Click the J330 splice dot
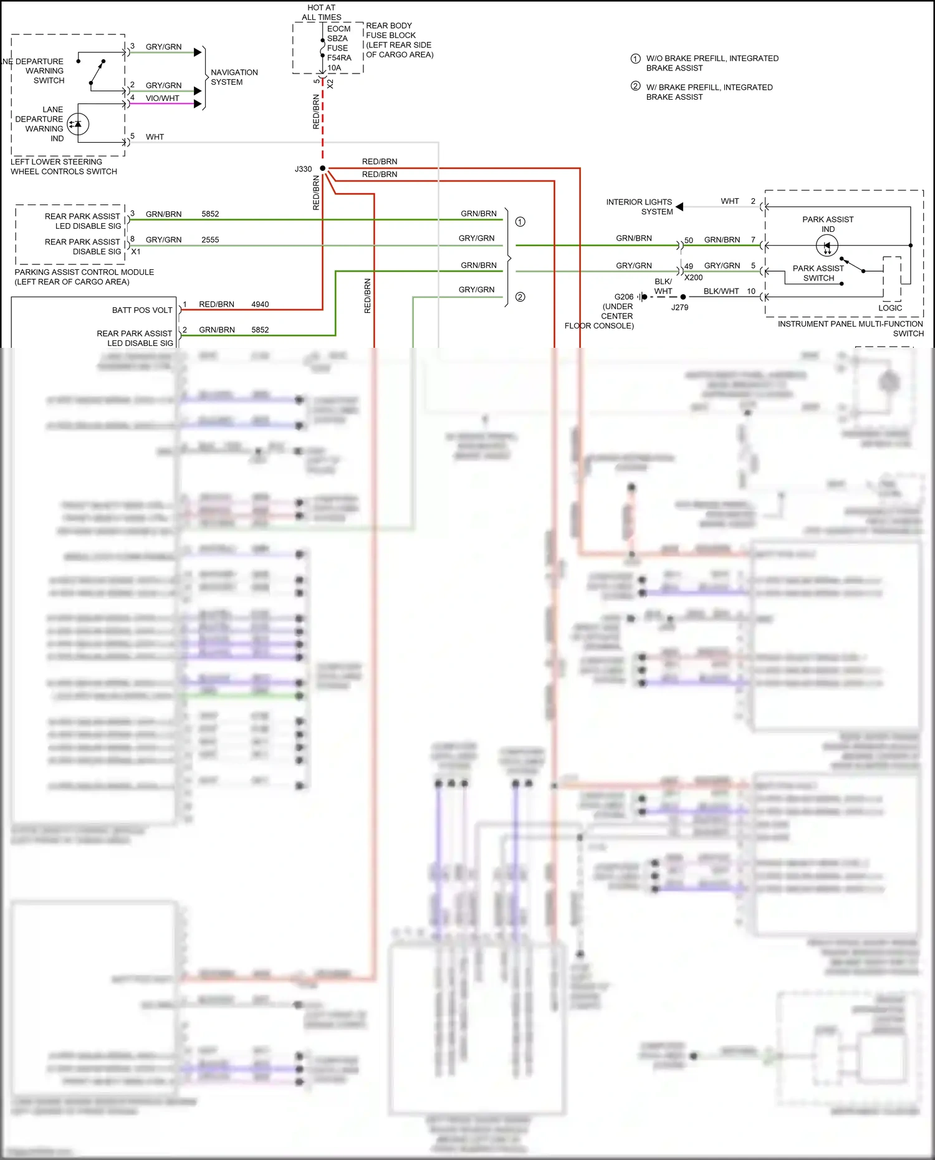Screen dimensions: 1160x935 point(322,168)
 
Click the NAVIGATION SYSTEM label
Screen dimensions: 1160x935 point(234,77)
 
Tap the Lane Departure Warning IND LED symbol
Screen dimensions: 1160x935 point(78,124)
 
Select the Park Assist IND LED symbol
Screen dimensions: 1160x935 point(827,246)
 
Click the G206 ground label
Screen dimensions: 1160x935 point(623,297)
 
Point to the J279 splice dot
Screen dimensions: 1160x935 point(683,297)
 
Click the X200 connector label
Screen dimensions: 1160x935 point(693,277)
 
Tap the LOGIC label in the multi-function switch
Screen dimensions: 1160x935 point(889,308)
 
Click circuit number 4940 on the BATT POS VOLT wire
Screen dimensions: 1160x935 point(260,304)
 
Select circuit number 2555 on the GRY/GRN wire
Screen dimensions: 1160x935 point(210,239)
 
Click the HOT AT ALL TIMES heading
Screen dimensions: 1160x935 point(322,12)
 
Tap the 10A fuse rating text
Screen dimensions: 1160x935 point(334,67)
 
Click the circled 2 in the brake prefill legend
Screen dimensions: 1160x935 point(635,86)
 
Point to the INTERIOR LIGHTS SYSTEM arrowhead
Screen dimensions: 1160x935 point(679,206)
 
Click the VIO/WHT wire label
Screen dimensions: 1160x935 point(162,98)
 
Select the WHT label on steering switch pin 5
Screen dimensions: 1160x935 point(155,137)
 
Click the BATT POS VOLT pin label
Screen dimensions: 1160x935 point(142,310)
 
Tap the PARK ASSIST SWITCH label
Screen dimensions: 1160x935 point(818,273)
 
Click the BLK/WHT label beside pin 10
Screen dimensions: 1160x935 point(721,291)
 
